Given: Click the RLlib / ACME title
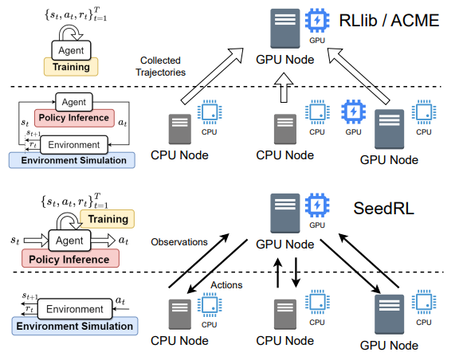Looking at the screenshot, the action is [x=389, y=21].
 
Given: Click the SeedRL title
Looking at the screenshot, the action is [x=384, y=209].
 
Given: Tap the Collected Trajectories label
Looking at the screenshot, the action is [x=160, y=66].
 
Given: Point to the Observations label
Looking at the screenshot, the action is [x=179, y=242].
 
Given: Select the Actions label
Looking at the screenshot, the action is [x=226, y=285].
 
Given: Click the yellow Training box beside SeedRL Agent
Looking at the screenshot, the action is [x=108, y=219].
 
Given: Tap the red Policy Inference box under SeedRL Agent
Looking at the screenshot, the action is [x=70, y=259].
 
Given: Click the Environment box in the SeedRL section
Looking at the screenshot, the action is [x=75, y=309].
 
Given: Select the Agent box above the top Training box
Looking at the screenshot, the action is [x=71, y=50].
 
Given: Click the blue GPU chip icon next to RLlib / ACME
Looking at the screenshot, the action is [x=317, y=21].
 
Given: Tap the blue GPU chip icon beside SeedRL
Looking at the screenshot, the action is [x=317, y=205].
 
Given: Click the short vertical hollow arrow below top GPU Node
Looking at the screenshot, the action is [x=284, y=88].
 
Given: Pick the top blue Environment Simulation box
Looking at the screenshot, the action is [x=72, y=160].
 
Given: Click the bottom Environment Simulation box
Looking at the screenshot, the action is [x=75, y=326].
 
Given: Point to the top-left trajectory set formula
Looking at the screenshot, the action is [x=76, y=14].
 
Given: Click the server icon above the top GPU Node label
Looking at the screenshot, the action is [x=284, y=29].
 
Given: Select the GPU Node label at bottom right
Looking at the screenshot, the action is [x=389, y=346].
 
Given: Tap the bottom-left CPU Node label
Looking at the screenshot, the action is [x=179, y=341].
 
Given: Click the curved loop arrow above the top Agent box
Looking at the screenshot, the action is [x=70, y=32].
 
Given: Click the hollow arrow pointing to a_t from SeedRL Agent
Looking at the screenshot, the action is [x=103, y=241].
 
